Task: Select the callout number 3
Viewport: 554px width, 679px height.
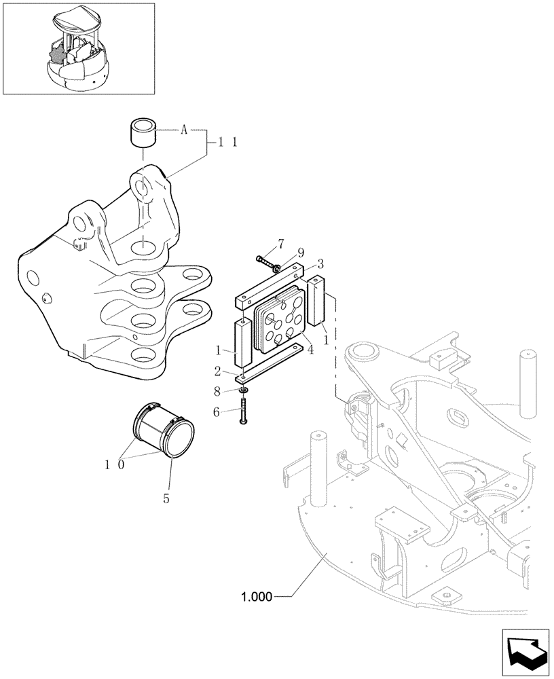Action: click(320, 263)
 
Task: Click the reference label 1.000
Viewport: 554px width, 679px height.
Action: click(256, 598)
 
